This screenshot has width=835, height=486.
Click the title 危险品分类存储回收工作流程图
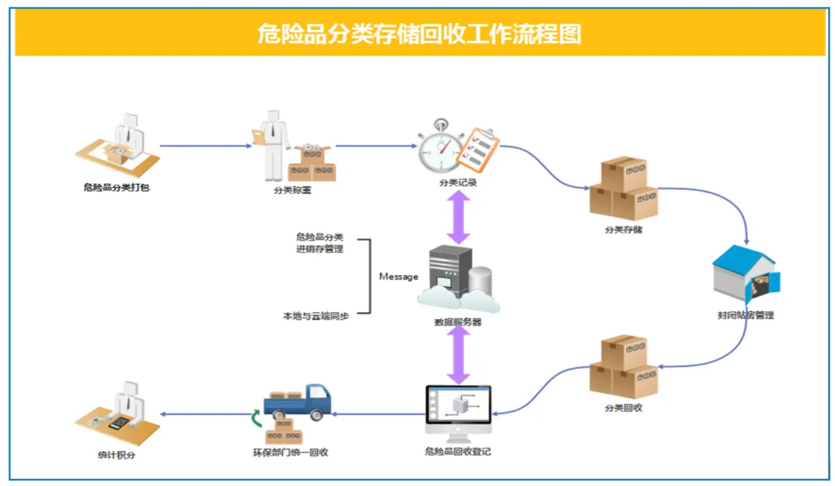coord(420,34)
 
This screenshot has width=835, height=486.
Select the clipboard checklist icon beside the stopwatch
coord(477,149)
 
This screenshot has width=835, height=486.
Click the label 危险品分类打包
coord(116,187)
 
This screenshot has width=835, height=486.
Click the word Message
coord(398,277)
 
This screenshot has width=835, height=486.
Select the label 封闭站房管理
coord(745,315)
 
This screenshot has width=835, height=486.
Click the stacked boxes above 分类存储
coord(623,189)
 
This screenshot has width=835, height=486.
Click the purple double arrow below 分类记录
coord(459,217)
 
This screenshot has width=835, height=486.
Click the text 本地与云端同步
coord(315,316)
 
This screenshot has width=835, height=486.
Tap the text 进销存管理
coord(319,250)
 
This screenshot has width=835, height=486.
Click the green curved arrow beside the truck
coord(257,419)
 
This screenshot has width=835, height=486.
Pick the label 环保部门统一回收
coord(291,452)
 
